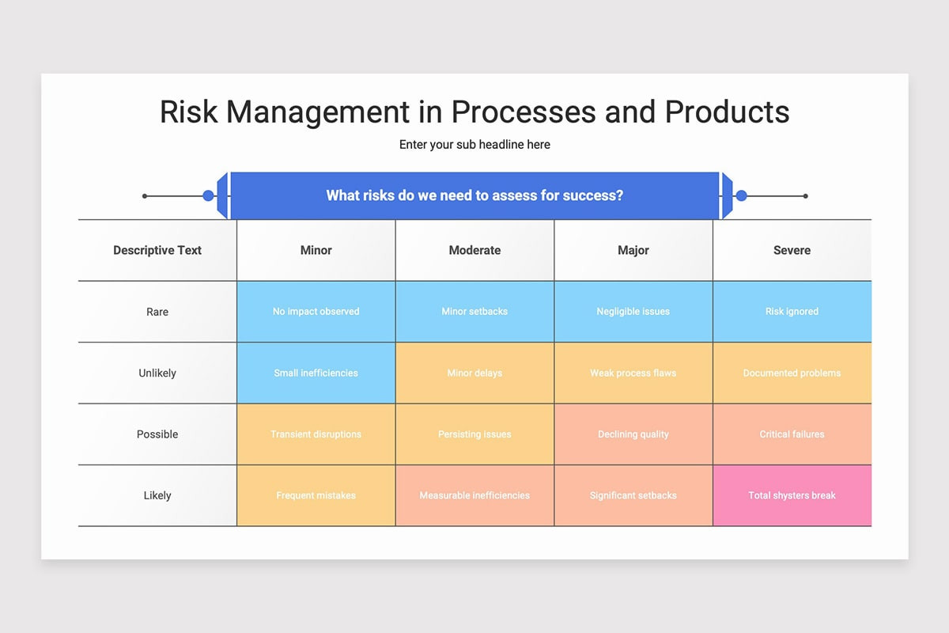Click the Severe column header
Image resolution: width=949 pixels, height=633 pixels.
pyautogui.click(x=792, y=250)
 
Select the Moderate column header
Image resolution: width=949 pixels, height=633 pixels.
pyautogui.click(x=475, y=250)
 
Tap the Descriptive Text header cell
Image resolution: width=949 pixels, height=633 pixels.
pyautogui.click(x=157, y=250)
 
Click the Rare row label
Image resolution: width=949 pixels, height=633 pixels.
pyautogui.click(x=157, y=312)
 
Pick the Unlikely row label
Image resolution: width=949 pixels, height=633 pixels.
pyautogui.click(x=157, y=373)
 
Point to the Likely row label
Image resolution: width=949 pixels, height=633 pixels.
pyautogui.click(x=157, y=495)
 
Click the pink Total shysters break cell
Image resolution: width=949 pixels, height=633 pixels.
pyautogui.click(x=792, y=495)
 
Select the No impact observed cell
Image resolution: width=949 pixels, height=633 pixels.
pyautogui.click(x=316, y=312)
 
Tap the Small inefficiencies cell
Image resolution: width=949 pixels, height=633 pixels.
pyautogui.click(x=316, y=373)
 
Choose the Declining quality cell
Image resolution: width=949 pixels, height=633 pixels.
pyautogui.click(x=633, y=434)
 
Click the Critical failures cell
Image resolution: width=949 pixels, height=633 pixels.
pyautogui.click(x=792, y=434)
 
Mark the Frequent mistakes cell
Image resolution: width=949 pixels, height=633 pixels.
pyautogui.click(x=316, y=495)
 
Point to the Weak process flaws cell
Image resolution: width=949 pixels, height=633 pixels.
pyautogui.click(x=633, y=373)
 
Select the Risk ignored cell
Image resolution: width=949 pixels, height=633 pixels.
pyautogui.click(x=792, y=312)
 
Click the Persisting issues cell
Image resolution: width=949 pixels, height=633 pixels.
pyautogui.click(x=475, y=434)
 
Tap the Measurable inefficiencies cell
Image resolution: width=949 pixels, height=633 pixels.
pyautogui.click(x=475, y=495)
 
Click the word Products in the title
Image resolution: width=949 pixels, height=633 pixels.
pyautogui.click(x=727, y=112)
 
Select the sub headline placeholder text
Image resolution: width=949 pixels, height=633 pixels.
pyautogui.click(x=475, y=145)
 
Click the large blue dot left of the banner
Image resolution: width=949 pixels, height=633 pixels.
pyautogui.click(x=208, y=196)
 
